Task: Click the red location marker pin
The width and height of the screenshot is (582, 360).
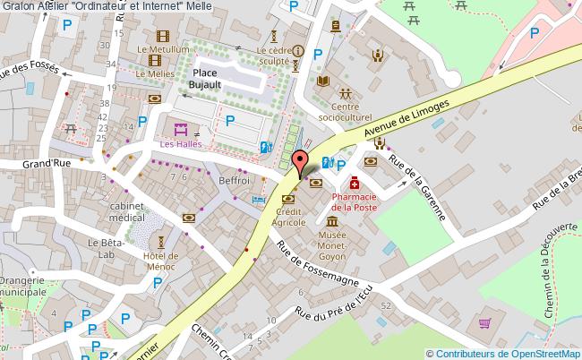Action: tap(301, 164)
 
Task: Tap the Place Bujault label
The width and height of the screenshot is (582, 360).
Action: tap(206, 77)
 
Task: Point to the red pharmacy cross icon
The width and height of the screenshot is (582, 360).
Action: tap(355, 183)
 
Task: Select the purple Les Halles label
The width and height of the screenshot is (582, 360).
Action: tap(181, 142)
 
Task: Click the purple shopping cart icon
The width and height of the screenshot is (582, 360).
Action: tap(485, 324)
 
